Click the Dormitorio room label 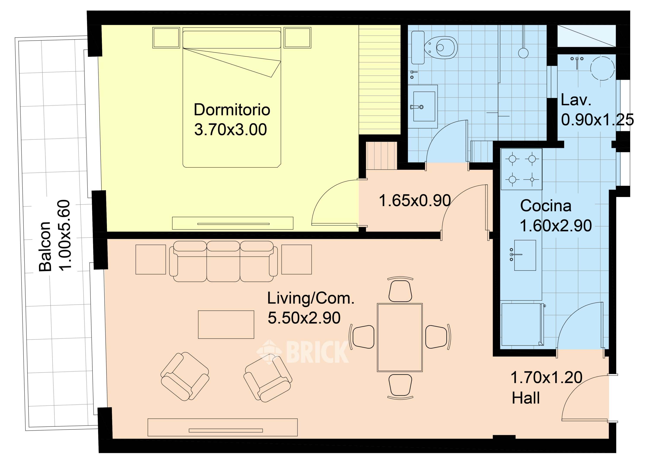[x=232, y=110]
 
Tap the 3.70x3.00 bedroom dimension [x=230, y=129]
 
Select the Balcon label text [x=45, y=246]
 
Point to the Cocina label [x=546, y=206]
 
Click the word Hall [x=526, y=398]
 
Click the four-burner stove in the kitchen [x=521, y=169]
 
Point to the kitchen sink [x=525, y=255]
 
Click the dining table [x=400, y=337]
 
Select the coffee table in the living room [x=226, y=325]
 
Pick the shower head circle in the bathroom [x=523, y=53]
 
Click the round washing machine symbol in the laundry [x=603, y=68]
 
